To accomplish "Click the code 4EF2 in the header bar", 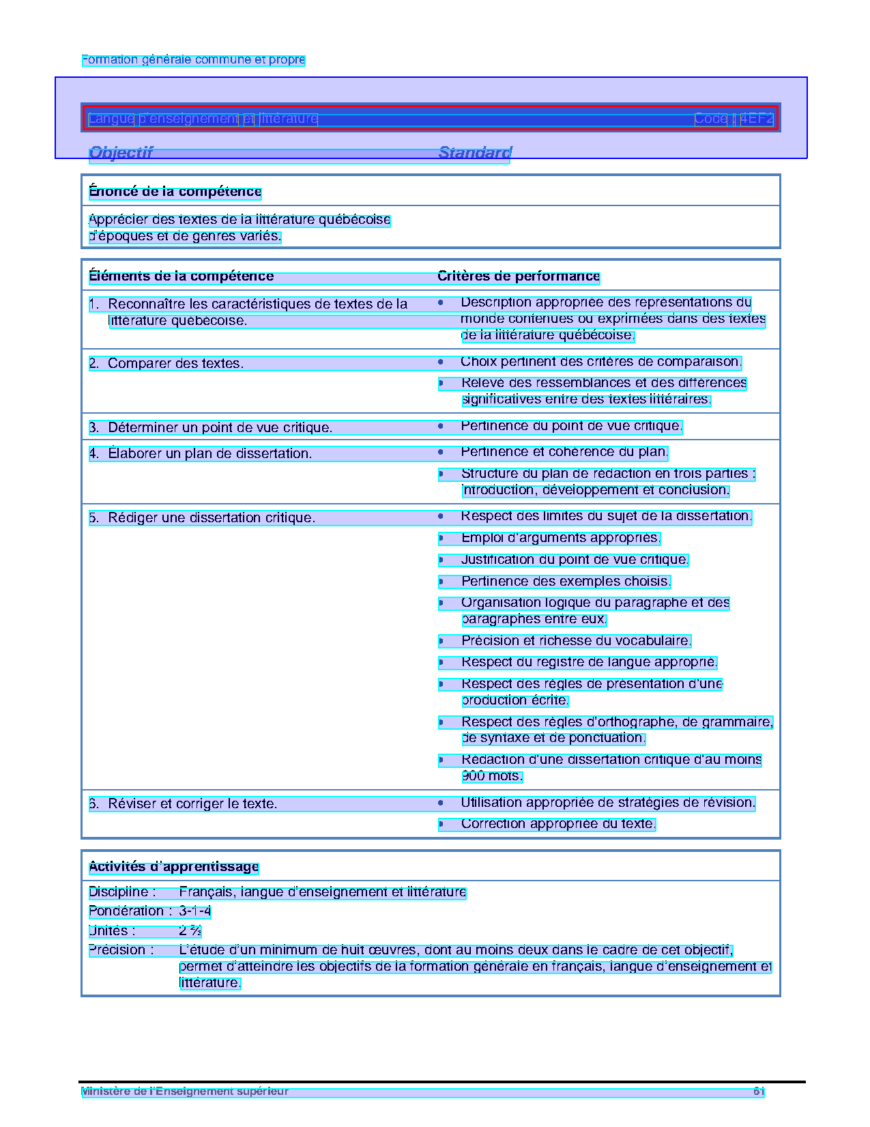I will pyautogui.click(x=756, y=119).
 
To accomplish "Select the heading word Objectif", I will pyautogui.click(x=121, y=152).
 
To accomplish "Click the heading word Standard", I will pyautogui.click(x=474, y=152).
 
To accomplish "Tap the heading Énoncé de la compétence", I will pyautogui.click(x=175, y=192).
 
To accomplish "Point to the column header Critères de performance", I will pyautogui.click(x=518, y=276).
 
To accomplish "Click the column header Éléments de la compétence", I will pyautogui.click(x=181, y=276).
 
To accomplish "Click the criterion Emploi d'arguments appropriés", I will pyautogui.click(x=560, y=538).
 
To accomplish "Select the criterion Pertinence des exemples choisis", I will pyautogui.click(x=566, y=582).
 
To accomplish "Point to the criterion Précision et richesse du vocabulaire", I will pyautogui.click(x=576, y=641).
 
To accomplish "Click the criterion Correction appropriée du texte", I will pyautogui.click(x=557, y=824).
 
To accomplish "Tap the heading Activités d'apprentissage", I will pyautogui.click(x=173, y=867).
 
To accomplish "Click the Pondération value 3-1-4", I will pyautogui.click(x=194, y=911).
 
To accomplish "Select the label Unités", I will pyautogui.click(x=111, y=930).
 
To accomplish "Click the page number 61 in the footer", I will pyautogui.click(x=758, y=1092).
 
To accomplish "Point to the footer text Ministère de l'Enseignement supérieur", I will pyautogui.click(x=184, y=1092).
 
